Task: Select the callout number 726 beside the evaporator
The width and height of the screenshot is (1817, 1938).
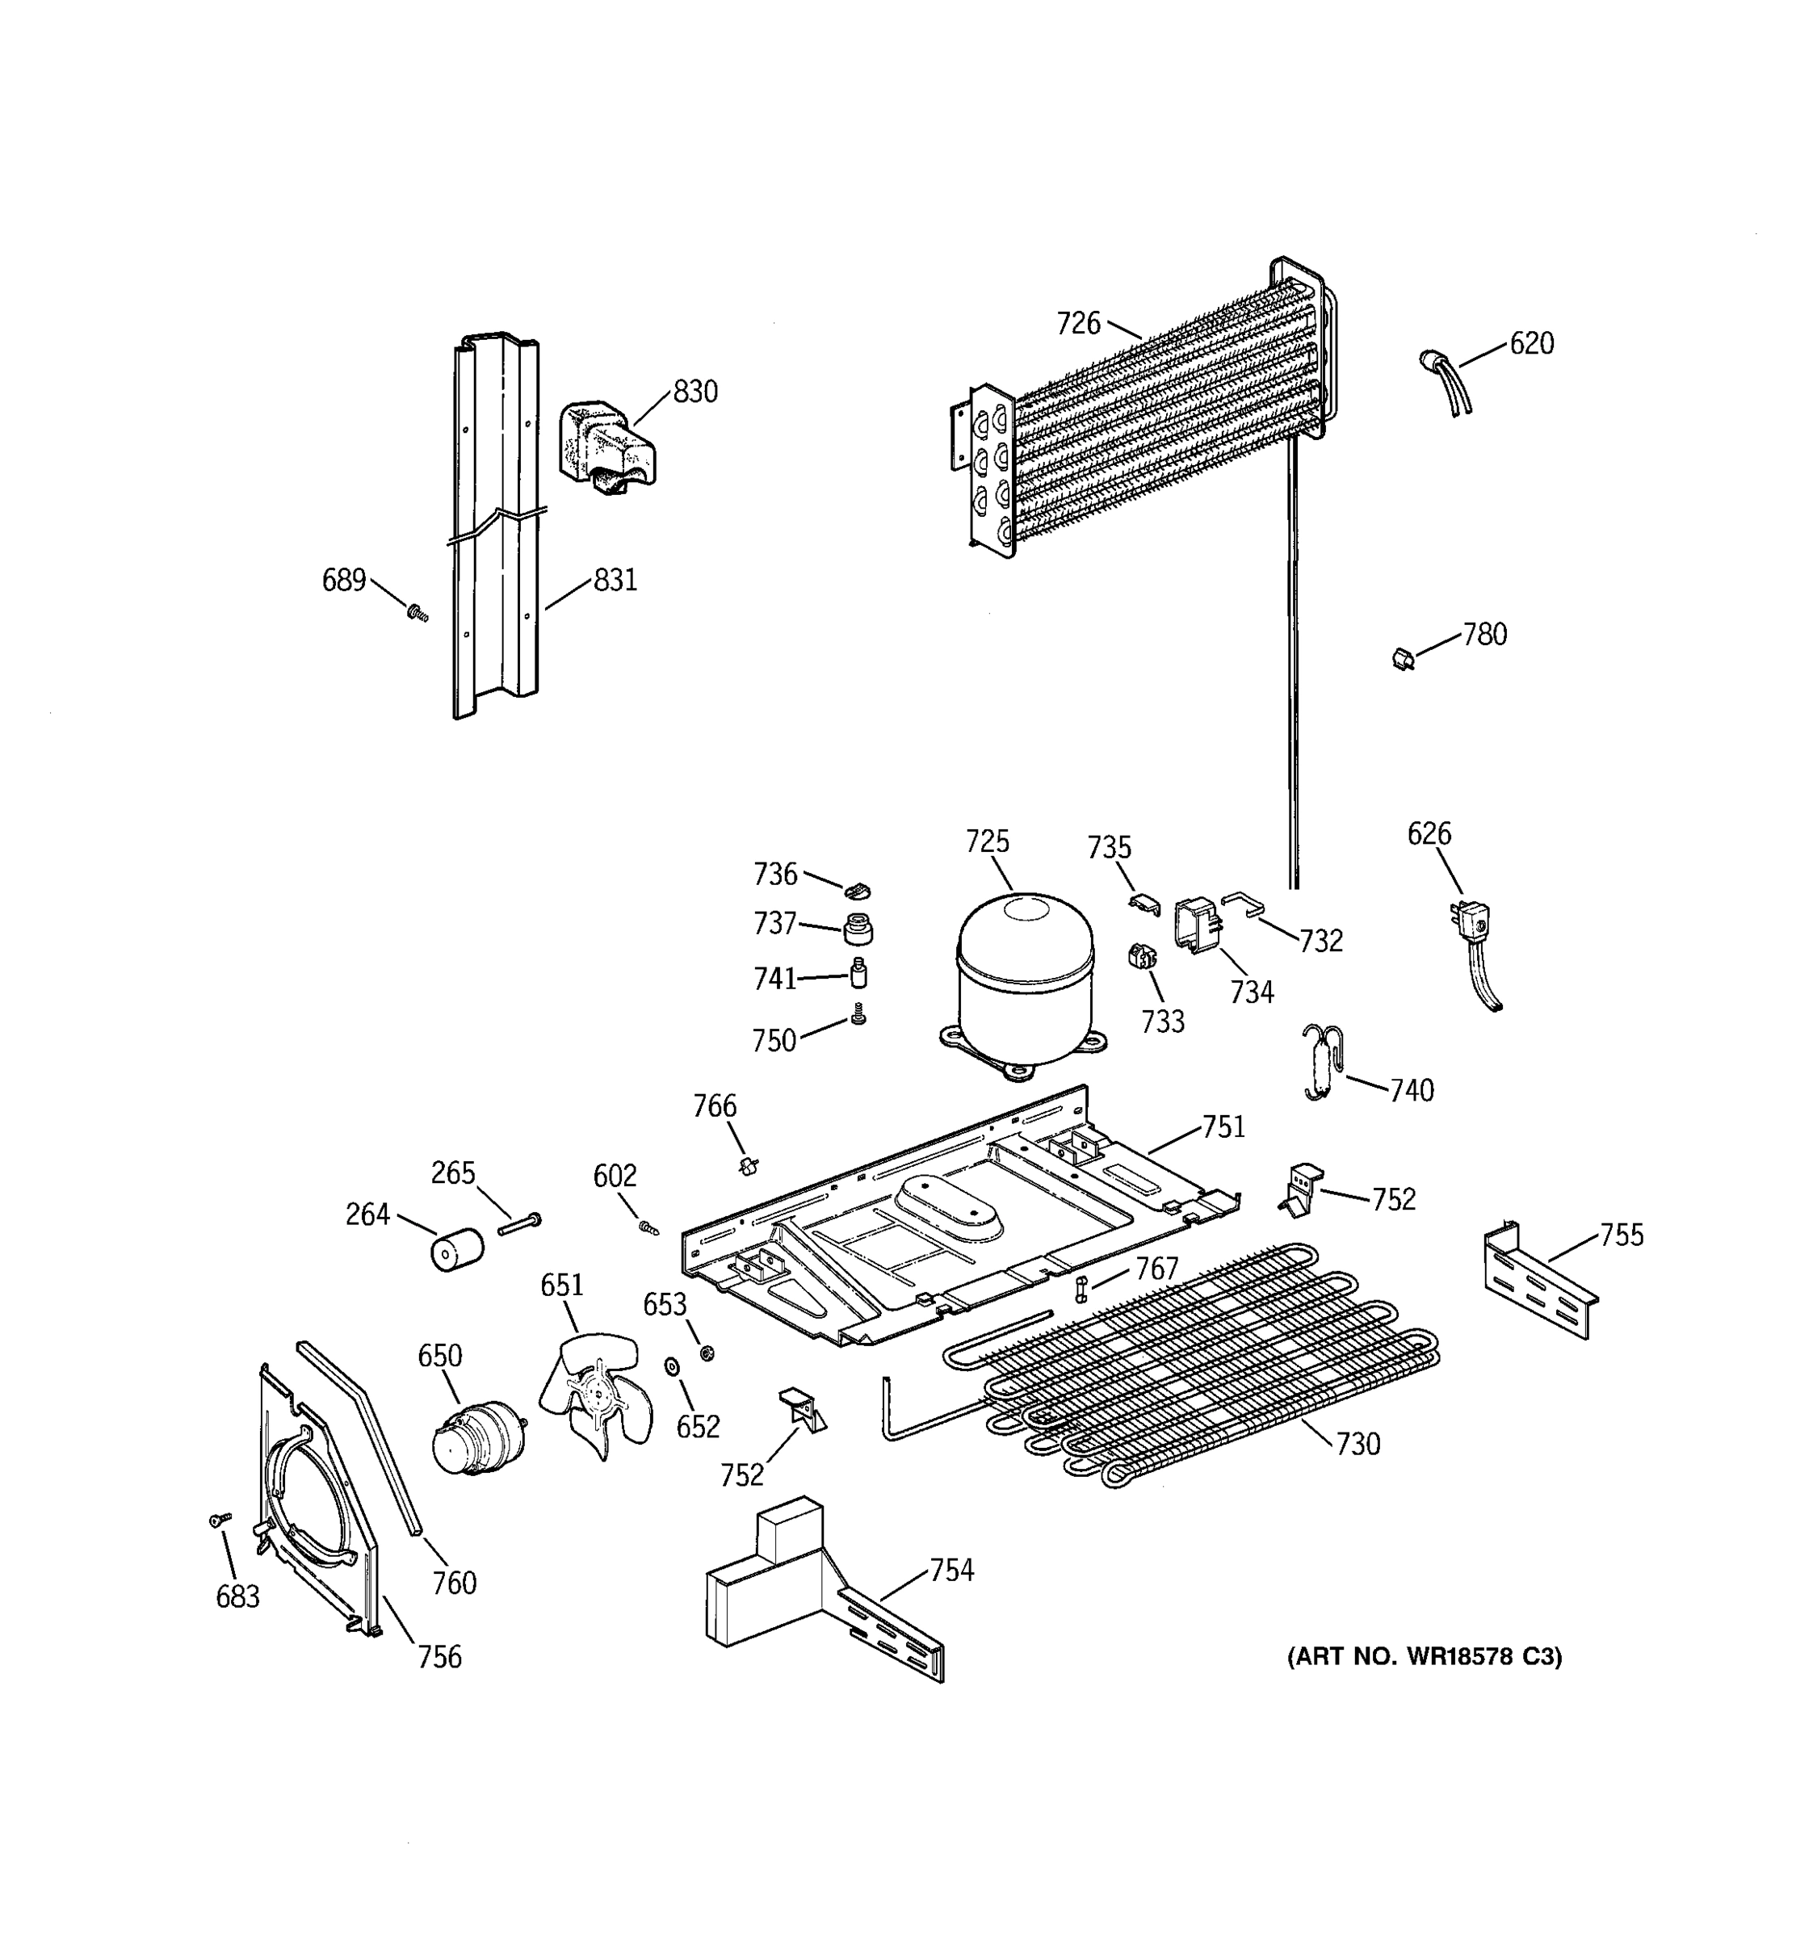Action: (x=1078, y=324)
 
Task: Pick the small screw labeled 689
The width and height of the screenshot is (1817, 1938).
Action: (x=418, y=613)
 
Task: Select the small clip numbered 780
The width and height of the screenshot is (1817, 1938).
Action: (x=1403, y=660)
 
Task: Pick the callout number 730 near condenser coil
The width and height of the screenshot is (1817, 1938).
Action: (x=1358, y=1444)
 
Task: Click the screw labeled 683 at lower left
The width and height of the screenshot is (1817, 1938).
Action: (x=220, y=1520)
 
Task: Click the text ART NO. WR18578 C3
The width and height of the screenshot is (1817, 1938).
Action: (x=1425, y=1657)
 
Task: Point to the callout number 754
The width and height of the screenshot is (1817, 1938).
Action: (x=950, y=1571)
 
